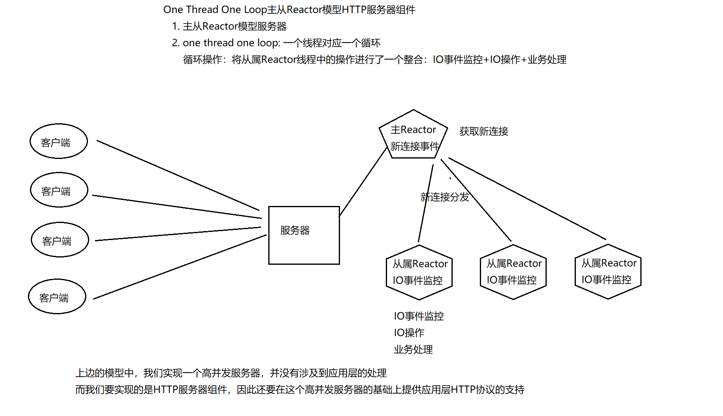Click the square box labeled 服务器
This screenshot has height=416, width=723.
point(304,236)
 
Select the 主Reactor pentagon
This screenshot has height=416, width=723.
point(413,136)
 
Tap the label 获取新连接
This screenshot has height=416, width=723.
point(483,131)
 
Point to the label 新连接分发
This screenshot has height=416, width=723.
point(445,197)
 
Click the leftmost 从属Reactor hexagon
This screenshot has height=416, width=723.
point(419,272)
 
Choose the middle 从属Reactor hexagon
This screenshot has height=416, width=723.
point(513,272)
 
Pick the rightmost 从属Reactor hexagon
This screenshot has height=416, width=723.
point(608,271)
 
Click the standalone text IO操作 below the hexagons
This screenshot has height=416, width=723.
point(409,333)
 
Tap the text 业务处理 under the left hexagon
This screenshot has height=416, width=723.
point(413,350)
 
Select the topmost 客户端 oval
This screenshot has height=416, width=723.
point(59,141)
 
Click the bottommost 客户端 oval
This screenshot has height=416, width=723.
point(57,296)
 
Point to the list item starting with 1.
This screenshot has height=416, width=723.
point(229,26)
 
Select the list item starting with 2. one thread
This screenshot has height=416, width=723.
point(276,43)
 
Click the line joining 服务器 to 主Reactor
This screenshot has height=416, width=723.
point(363,182)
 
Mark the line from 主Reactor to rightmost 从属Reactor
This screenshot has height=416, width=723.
point(527,199)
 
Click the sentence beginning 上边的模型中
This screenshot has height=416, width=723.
point(231,373)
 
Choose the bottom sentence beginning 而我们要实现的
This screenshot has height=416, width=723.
point(300,390)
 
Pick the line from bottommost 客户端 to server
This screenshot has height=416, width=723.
point(180,267)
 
